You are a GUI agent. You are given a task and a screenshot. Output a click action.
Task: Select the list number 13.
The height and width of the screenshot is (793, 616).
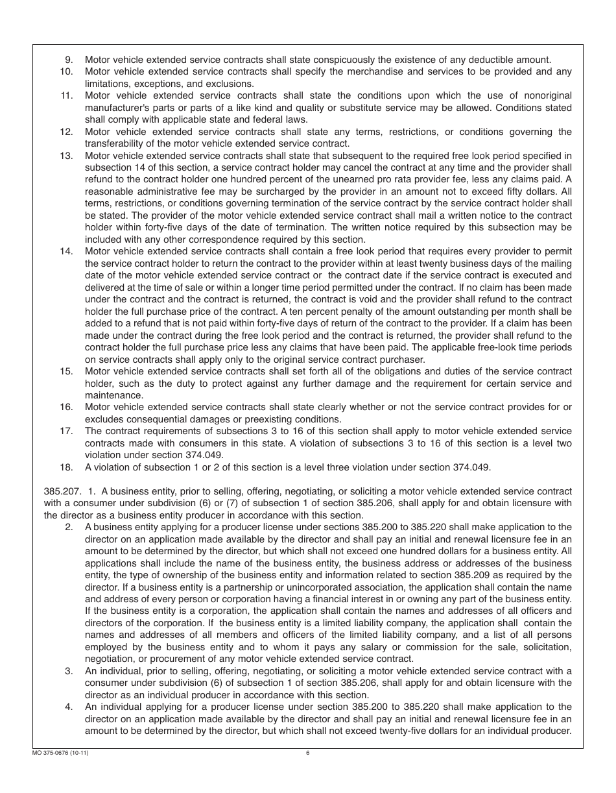tap(66, 155)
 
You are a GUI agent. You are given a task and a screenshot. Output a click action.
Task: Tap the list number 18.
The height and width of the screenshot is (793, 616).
tap(66, 467)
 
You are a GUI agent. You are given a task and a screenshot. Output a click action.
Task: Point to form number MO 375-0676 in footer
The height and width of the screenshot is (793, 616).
tap(58, 753)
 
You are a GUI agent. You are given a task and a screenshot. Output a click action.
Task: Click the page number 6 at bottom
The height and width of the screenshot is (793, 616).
tap(308, 753)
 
